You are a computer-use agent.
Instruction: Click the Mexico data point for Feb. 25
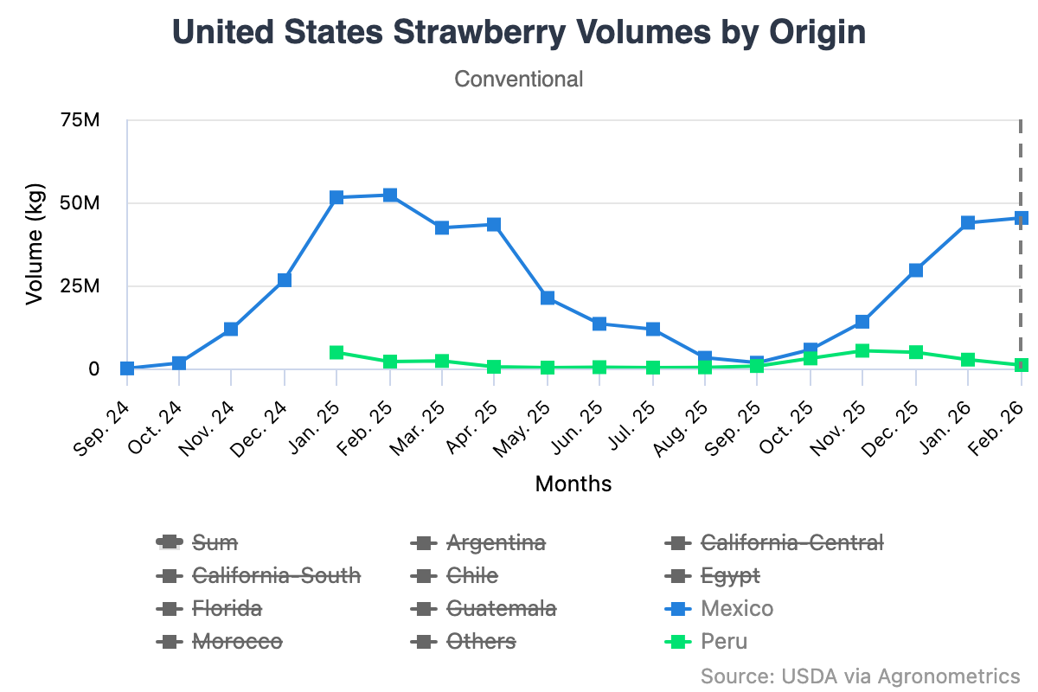click(390, 195)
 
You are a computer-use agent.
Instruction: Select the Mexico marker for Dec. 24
click(285, 280)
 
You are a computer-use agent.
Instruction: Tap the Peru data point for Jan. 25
click(337, 352)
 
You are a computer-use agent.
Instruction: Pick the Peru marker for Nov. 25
click(862, 350)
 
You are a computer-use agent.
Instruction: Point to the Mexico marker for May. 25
click(548, 298)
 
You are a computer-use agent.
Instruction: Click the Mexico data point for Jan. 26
click(968, 222)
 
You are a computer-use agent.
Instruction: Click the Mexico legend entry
click(737, 609)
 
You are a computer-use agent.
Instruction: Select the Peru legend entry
click(724, 642)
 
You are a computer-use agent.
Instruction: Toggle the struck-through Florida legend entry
click(227, 609)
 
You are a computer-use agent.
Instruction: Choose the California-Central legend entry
click(791, 543)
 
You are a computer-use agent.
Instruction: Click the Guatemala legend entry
click(501, 609)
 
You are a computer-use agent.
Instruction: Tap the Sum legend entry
click(214, 543)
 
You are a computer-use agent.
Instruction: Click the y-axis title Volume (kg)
click(35, 245)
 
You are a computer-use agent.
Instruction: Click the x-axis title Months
click(573, 484)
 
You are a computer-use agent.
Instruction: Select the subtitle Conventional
click(519, 79)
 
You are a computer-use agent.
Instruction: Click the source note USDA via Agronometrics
click(860, 675)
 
